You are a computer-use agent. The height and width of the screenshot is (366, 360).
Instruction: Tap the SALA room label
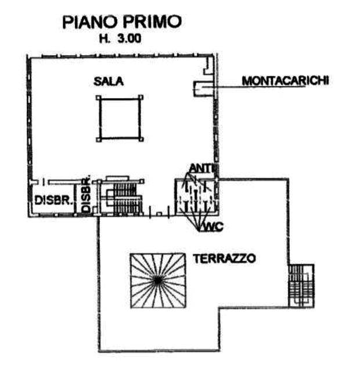[110, 81]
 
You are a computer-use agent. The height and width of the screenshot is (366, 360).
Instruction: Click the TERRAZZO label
[218, 257]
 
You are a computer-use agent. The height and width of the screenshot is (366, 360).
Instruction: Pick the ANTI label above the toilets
[203, 168]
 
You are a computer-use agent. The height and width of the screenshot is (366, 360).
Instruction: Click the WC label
[210, 228]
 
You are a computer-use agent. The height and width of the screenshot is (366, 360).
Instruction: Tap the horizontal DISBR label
[52, 200]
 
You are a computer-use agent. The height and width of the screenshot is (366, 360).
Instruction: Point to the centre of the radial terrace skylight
[156, 280]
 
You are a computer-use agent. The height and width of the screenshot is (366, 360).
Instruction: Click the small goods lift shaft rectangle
[204, 88]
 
